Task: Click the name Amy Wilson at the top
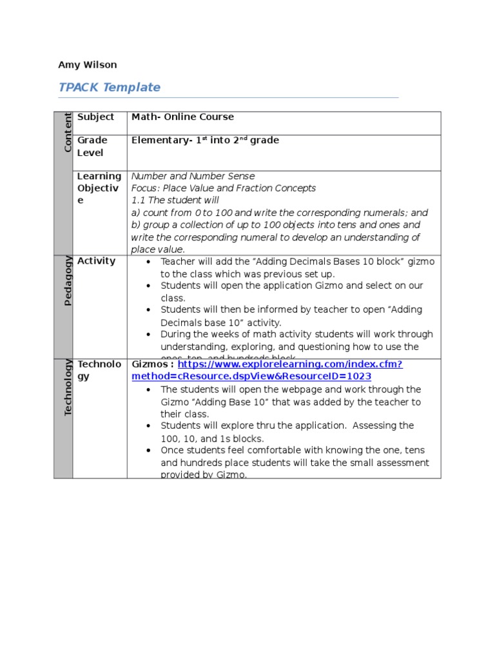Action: point(88,64)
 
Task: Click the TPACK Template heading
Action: point(109,87)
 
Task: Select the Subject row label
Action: point(95,117)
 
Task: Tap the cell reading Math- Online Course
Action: point(182,117)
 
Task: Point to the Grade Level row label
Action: point(92,146)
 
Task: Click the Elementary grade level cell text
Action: point(205,141)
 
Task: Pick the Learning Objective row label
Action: point(99,188)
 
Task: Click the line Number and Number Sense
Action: point(193,176)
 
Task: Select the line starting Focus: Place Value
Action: point(223,188)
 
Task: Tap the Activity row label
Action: point(96,261)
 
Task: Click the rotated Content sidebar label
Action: point(67,132)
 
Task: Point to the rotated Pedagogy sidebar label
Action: point(67,280)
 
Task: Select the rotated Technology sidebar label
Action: point(67,388)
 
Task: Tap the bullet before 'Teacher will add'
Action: point(148,262)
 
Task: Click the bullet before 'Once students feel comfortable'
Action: point(148,451)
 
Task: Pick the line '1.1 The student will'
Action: point(175,200)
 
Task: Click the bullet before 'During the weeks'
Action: point(148,335)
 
